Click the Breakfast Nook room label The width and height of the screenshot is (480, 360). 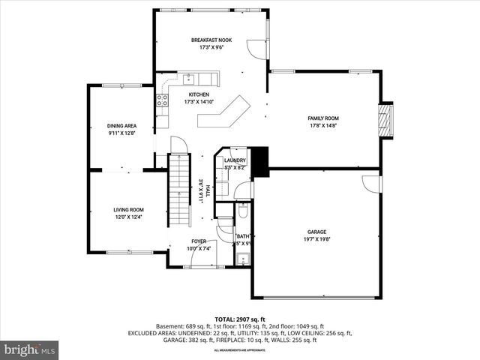[212, 40]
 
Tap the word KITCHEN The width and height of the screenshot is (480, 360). [199, 94]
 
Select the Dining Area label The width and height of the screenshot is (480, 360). [121, 126]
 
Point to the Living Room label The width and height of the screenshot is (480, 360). [128, 210]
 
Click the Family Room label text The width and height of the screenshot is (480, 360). [323, 118]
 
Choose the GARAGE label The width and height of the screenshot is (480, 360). [317, 232]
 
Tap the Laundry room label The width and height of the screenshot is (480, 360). [235, 160]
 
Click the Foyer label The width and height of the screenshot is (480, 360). [198, 241]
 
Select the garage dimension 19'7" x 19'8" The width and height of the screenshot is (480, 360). [317, 240]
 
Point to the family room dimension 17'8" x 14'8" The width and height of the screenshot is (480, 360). [323, 126]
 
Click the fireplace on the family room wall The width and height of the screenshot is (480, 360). [385, 119]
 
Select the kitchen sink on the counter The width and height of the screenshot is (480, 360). [187, 78]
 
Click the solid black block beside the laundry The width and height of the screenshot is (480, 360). [259, 162]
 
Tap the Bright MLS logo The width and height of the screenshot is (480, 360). [30, 349]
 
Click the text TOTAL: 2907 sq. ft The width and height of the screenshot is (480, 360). [240, 319]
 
